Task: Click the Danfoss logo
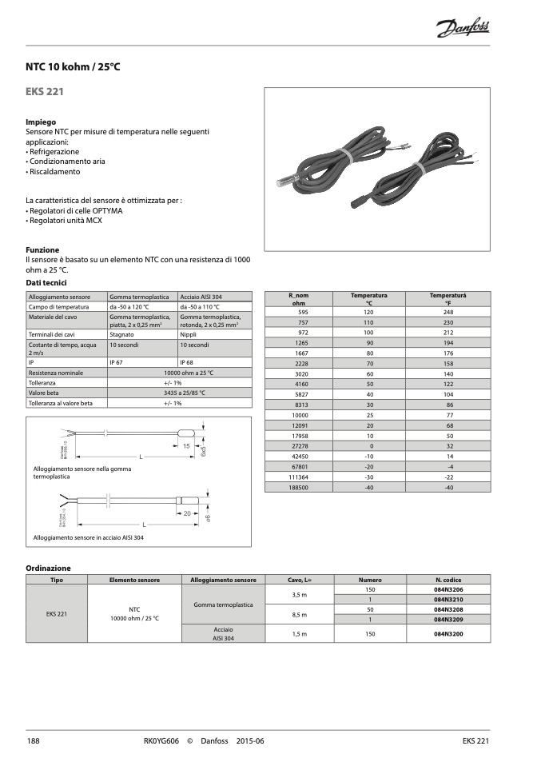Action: coord(463,30)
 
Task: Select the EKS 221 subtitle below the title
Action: coord(45,92)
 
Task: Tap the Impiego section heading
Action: coord(41,122)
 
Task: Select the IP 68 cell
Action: coord(188,361)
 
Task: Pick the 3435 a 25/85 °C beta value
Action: coord(178,393)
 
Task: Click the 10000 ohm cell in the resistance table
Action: coord(300,415)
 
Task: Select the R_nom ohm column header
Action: coord(299,299)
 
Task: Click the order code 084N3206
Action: coord(448,589)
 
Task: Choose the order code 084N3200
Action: coord(448,633)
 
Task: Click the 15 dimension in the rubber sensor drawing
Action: coord(185,445)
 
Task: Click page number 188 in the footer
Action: coord(33,741)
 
